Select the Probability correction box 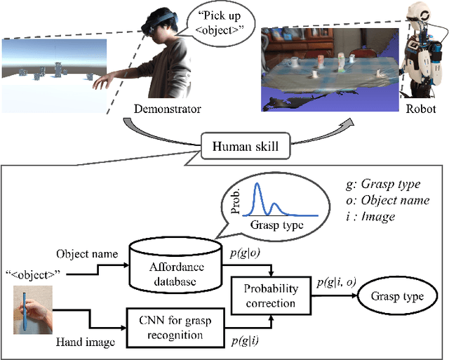pyautogui.click(x=270, y=295)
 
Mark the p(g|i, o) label pyautogui.click(x=336, y=281)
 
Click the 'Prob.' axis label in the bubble pyautogui.click(x=239, y=199)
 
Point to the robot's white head pyautogui.click(x=420, y=19)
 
